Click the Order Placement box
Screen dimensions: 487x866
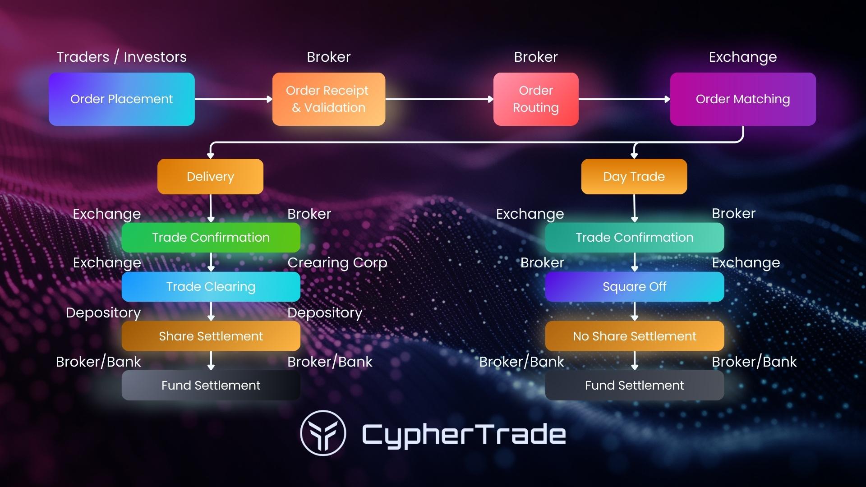pos(122,99)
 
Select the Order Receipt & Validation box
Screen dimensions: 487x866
pos(328,99)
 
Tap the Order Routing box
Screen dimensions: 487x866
pos(536,99)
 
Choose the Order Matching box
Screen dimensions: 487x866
pos(742,99)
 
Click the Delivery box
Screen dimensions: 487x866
pos(210,176)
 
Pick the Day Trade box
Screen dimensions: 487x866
pos(634,176)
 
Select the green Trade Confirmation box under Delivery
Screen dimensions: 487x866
pos(211,237)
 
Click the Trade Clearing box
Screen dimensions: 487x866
pos(211,286)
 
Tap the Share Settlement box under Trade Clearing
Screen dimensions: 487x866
pos(211,336)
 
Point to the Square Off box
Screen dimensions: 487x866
pos(634,286)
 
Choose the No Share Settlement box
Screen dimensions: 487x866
pos(634,336)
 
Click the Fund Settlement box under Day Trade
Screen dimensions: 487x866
pos(634,385)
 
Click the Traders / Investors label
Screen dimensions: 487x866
pos(121,57)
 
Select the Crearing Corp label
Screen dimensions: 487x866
pos(337,262)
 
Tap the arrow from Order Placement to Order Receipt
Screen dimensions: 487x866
pos(233,99)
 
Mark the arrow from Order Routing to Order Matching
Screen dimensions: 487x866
pos(624,99)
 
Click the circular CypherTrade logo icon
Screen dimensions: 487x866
pos(323,433)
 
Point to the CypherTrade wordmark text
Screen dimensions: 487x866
pos(464,434)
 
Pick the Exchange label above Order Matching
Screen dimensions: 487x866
pos(742,57)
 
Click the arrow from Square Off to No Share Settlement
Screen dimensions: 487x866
pos(635,311)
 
